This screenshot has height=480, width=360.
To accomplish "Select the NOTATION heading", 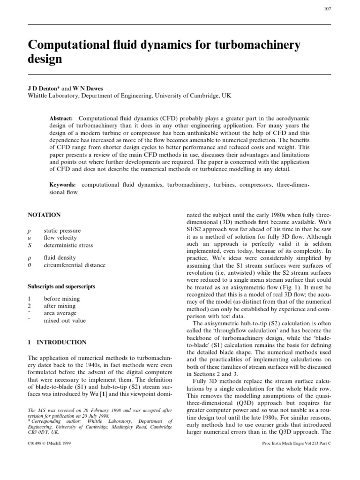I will pyautogui.click(x=45, y=215).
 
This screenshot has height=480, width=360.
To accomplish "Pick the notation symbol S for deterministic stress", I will pyautogui.click(x=30, y=245).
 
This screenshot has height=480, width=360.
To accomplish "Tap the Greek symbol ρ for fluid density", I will pyautogui.click(x=30, y=258).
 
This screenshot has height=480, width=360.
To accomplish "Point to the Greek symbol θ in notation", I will pyautogui.click(x=30, y=265).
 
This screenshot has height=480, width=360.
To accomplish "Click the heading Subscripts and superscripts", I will pyautogui.click(x=61, y=286).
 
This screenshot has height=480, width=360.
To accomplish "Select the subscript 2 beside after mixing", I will pyautogui.click(x=30, y=306).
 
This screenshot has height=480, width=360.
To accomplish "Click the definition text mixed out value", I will pyautogui.click(x=65, y=321).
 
